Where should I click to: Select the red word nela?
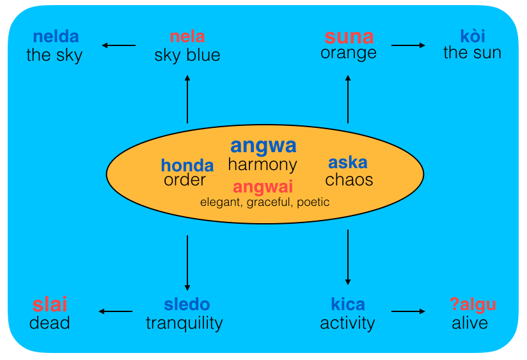pos(187,36)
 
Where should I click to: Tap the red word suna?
pos(349,36)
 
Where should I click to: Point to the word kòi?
pos(473,36)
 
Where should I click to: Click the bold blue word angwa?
pos(263,145)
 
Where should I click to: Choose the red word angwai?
pos(263,187)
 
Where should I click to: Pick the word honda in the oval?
pos(187,165)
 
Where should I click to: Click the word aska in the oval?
pos(348,162)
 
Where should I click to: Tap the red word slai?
pos(50,305)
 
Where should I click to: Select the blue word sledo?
pos(187,305)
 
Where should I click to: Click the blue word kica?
pos(348,305)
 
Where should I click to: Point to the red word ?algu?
pos(473,305)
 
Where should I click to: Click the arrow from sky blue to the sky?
pos(119,45)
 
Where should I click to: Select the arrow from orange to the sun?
pos(408,45)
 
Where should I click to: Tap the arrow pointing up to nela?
pos(187,98)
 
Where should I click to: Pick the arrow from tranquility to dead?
pos(116,312)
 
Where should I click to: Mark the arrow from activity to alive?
pos(408,312)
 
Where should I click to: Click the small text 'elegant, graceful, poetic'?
pos(265,202)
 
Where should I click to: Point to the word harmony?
pos(263,165)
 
